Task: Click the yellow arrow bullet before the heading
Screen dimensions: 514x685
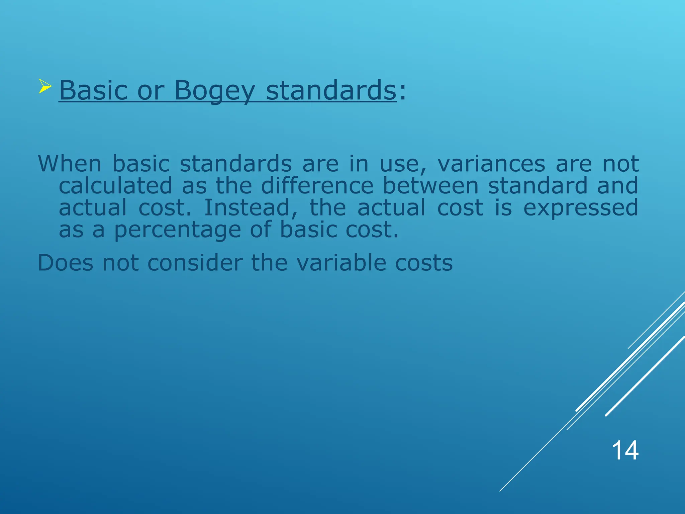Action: tap(45, 86)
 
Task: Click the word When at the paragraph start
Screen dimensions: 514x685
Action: tap(70, 164)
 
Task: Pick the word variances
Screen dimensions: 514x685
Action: tap(491, 164)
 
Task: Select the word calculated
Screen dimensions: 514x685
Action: tap(115, 186)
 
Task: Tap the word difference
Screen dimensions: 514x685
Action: tap(317, 186)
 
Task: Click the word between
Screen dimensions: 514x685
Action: tap(430, 186)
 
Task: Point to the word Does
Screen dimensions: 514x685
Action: tap(66, 263)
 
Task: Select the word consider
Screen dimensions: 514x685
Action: tap(195, 263)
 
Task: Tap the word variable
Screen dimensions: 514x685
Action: tap(341, 263)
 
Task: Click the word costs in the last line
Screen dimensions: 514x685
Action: tap(424, 263)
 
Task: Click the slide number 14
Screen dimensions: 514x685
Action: tap(625, 451)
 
